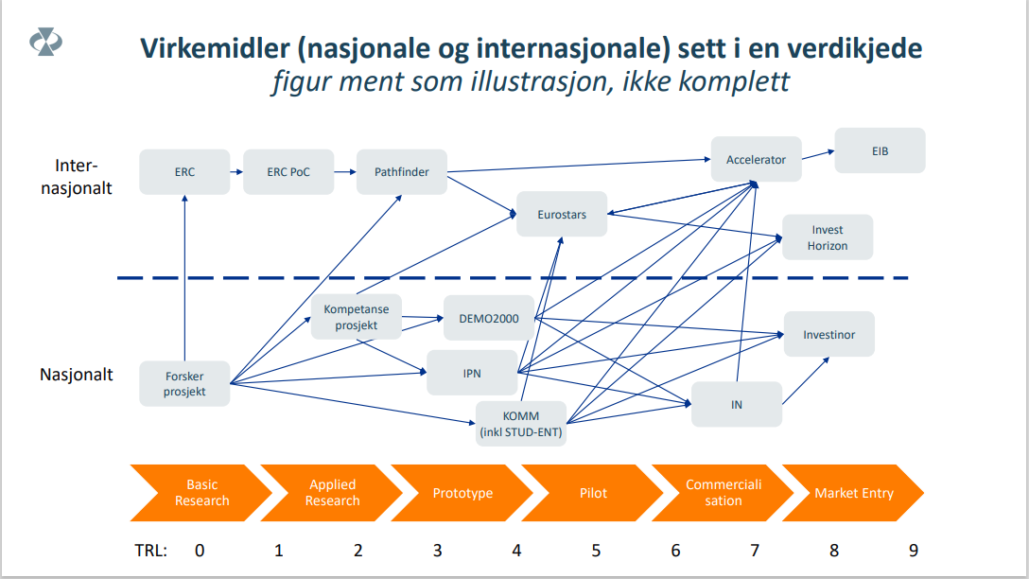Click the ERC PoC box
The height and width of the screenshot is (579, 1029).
(288, 172)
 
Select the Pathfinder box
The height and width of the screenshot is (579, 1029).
(402, 172)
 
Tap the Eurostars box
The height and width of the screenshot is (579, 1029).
(562, 214)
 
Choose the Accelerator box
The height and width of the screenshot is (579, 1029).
(756, 159)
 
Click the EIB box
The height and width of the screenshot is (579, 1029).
(880, 151)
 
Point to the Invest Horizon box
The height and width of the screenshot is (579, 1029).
(828, 237)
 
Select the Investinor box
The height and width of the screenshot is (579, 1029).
(828, 334)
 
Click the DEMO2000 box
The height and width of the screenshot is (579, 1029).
(489, 319)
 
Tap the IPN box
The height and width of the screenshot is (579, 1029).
(472, 373)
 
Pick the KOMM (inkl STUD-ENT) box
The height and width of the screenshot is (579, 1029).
(521, 424)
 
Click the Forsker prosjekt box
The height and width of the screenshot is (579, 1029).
(184, 383)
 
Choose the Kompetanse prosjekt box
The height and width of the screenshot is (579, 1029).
(357, 316)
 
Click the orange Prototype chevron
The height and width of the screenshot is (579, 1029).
(462, 493)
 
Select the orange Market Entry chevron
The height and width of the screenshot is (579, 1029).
(854, 493)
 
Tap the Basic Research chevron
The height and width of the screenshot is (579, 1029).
(201, 493)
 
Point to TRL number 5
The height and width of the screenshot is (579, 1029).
(596, 550)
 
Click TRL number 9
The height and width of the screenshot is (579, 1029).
(914, 550)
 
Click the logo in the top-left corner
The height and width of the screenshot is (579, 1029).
(46, 42)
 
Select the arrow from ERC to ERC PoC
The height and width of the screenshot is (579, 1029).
(236, 172)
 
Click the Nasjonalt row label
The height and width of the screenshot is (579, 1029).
(76, 375)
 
